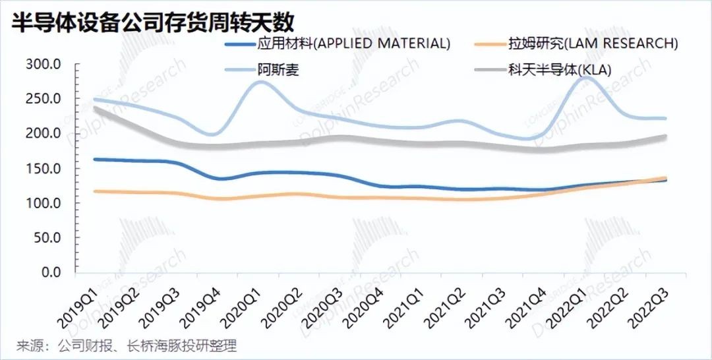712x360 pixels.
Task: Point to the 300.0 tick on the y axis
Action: (x=44, y=65)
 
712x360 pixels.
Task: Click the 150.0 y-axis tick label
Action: (x=44, y=169)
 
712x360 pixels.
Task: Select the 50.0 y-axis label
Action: (x=47, y=238)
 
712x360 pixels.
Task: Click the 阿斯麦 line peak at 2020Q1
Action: (x=260, y=81)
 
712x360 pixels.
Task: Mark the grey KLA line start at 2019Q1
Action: (x=95, y=107)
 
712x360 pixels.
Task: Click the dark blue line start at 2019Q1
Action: (x=95, y=159)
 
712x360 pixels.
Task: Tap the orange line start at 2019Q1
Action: (x=95, y=191)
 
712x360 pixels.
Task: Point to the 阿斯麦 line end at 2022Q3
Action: (x=665, y=119)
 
